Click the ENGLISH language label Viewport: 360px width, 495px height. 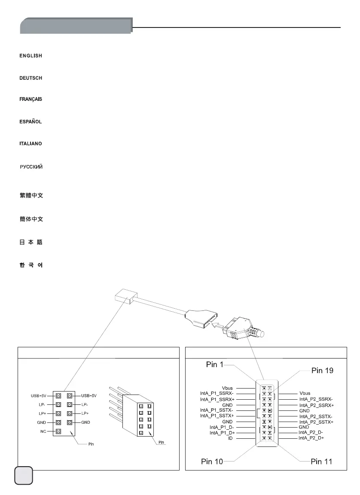tap(31, 56)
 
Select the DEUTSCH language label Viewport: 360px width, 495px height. tap(31, 78)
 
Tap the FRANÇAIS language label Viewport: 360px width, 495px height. tap(31, 100)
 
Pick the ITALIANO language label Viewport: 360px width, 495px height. tap(31, 143)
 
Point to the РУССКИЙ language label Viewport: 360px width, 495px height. tap(31, 167)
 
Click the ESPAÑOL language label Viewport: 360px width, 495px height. tap(31, 122)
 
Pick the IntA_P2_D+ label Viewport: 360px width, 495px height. tap(311, 438)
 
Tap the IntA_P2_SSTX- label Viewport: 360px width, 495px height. tap(316, 416)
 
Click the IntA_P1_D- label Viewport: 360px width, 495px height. tap(222, 427)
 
